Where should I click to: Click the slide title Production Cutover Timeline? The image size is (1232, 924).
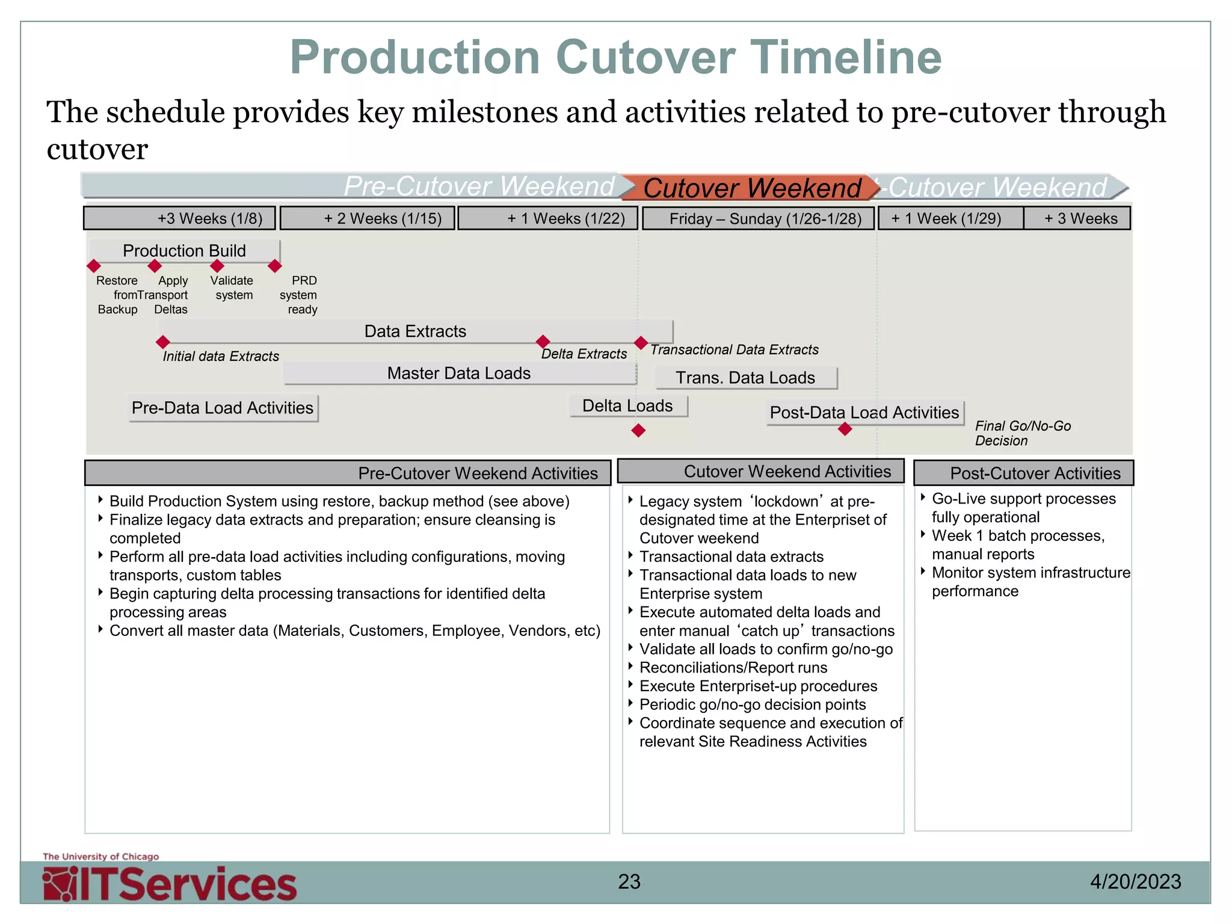pyautogui.click(x=615, y=57)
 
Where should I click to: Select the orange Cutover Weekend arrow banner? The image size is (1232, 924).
pyautogui.click(x=751, y=188)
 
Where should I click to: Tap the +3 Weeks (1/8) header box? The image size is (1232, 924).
pyautogui.click(x=179, y=218)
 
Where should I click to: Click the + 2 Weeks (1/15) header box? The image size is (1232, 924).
pyautogui.click(x=368, y=218)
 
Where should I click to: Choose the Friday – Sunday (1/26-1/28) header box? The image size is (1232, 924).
pyautogui.click(x=758, y=218)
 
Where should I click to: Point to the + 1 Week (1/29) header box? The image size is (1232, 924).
pyautogui.click(x=950, y=218)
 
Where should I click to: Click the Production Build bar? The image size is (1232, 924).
pyautogui.click(x=184, y=250)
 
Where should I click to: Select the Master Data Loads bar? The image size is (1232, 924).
pyautogui.click(x=459, y=374)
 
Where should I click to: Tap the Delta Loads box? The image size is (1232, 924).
pyautogui.click(x=627, y=406)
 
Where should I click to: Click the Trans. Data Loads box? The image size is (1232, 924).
pyautogui.click(x=745, y=378)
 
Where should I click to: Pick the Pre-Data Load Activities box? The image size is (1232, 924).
pyautogui.click(x=223, y=408)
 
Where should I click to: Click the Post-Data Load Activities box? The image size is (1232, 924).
pyautogui.click(x=864, y=413)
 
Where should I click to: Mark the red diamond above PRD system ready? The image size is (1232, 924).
pyautogui.click(x=275, y=266)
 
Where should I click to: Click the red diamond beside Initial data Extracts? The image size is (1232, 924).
pyautogui.click(x=162, y=342)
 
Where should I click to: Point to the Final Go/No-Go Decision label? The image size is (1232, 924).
pyautogui.click(x=1022, y=433)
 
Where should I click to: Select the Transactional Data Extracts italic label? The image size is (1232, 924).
pyautogui.click(x=734, y=350)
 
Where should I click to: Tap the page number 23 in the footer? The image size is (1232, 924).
pyautogui.click(x=629, y=882)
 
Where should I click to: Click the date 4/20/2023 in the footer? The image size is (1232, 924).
pyautogui.click(x=1135, y=882)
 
